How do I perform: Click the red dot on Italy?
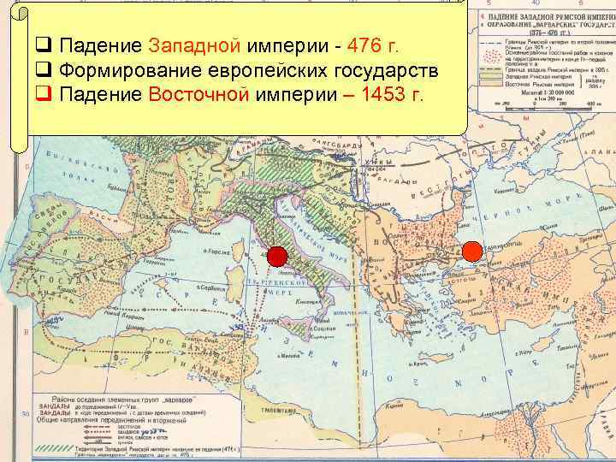[276, 255]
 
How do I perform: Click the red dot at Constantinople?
[472, 252]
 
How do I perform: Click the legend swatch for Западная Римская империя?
[494, 78]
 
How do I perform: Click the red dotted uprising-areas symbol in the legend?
[494, 56]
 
